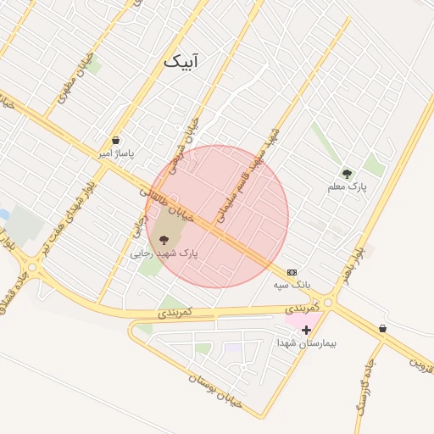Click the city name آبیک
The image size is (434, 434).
[x=182, y=62]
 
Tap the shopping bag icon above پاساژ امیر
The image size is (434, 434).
[x=115, y=141]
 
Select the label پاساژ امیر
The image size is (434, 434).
[x=116, y=154]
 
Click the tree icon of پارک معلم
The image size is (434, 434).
[x=346, y=174]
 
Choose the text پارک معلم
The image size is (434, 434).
[x=346, y=186]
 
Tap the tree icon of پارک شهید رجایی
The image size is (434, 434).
[x=164, y=240]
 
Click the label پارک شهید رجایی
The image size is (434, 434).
[x=164, y=253]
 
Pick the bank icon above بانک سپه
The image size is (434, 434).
[x=292, y=272]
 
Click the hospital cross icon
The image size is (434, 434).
[x=306, y=330]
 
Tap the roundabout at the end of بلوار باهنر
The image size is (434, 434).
[x=328, y=301]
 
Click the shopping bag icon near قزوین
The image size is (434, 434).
[x=383, y=328]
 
